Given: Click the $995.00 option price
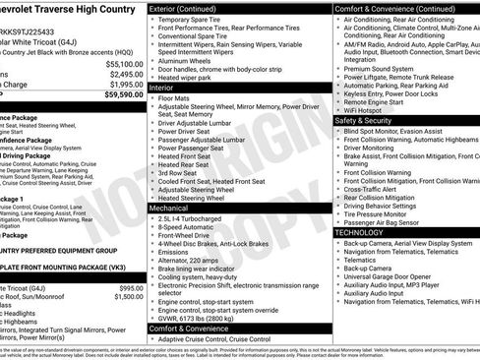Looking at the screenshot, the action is [125, 287].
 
